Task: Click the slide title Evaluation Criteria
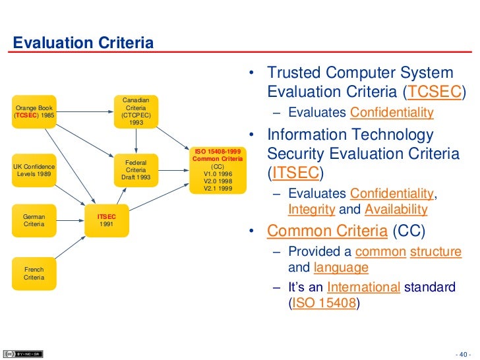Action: pyautogui.click(x=84, y=44)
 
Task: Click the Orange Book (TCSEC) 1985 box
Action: pyautogui.click(x=34, y=111)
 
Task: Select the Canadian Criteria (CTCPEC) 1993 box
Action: pyautogui.click(x=136, y=111)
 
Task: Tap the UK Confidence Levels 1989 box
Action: pyautogui.click(x=34, y=170)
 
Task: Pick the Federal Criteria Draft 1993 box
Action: pyautogui.click(x=136, y=169)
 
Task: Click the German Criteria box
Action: pyautogui.click(x=34, y=220)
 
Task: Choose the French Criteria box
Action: pyautogui.click(x=34, y=274)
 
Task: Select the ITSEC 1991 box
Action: pyautogui.click(x=107, y=220)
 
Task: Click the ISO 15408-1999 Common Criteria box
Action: pyautogui.click(x=218, y=169)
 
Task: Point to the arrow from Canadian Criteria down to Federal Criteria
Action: pyautogui.click(x=136, y=140)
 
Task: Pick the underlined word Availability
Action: pyautogui.click(x=396, y=210)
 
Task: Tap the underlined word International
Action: pyautogui.click(x=363, y=287)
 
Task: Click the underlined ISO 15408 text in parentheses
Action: pyautogui.click(x=324, y=304)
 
